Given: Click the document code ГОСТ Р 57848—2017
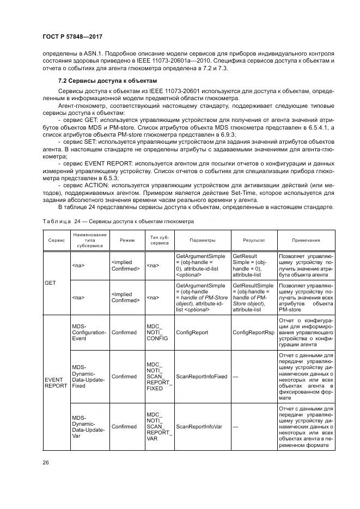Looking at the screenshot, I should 72,36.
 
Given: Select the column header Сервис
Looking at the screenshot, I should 57,240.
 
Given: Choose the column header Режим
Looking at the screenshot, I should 125,240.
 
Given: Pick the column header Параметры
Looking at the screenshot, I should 202,240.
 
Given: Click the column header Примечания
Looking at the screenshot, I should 306,240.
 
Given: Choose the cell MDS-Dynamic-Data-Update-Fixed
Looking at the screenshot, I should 86,376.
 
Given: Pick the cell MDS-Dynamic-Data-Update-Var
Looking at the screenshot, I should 86,426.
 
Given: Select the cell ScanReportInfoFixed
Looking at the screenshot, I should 202,376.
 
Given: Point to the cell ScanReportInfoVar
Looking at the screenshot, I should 199,426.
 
